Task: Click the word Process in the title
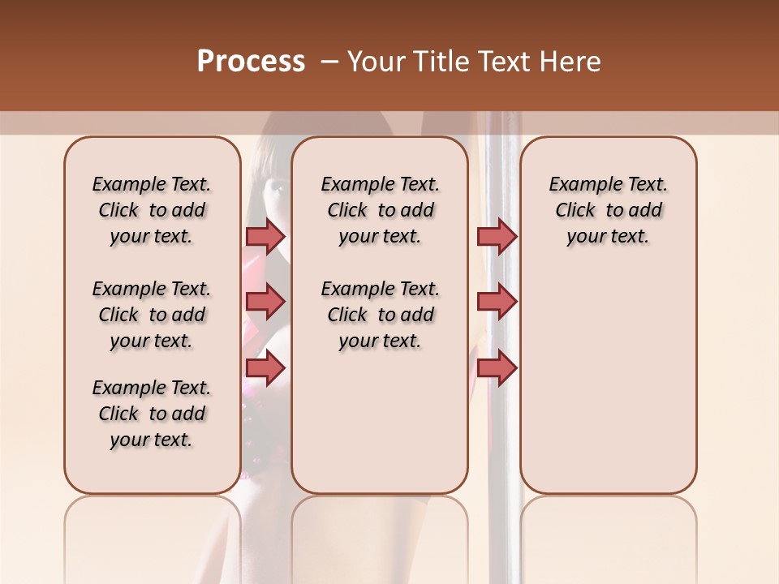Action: [x=251, y=62]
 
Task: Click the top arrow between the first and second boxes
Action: [x=265, y=236]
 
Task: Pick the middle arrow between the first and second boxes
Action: [x=265, y=302]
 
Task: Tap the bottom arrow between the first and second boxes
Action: [x=265, y=368]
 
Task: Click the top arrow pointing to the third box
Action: [x=497, y=236]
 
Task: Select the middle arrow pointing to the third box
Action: [x=497, y=302]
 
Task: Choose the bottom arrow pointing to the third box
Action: [x=497, y=368]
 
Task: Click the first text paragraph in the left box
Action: [x=152, y=210]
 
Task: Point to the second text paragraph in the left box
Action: [x=152, y=315]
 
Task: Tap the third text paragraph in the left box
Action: [x=152, y=414]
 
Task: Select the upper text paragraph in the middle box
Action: [x=381, y=210]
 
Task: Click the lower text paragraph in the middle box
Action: [x=381, y=315]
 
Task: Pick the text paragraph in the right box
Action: [x=609, y=210]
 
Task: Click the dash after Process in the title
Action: [x=329, y=62]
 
